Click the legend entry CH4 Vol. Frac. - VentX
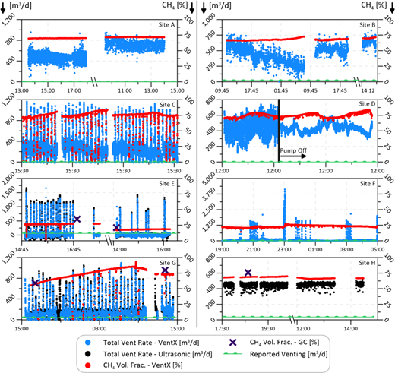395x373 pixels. click(159, 364)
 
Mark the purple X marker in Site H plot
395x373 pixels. click(248, 273)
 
